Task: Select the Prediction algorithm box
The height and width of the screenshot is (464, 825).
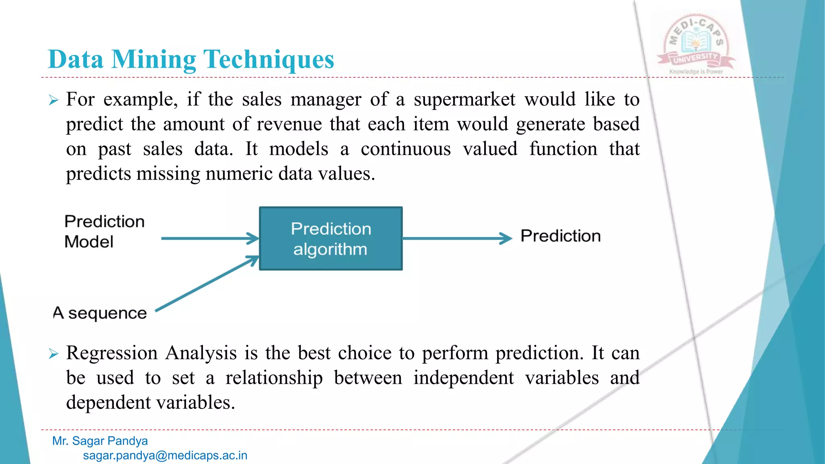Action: click(331, 238)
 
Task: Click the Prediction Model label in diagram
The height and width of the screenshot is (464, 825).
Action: click(104, 232)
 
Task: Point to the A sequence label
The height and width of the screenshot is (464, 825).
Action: click(100, 313)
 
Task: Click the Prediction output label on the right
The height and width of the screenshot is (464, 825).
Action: click(560, 236)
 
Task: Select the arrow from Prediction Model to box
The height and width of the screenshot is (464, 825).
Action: click(209, 238)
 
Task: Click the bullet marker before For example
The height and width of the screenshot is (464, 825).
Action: click(54, 100)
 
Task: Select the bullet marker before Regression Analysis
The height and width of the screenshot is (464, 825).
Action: click(54, 354)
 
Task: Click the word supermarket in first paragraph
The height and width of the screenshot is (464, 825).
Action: click(464, 99)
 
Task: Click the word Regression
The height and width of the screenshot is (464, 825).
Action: click(112, 353)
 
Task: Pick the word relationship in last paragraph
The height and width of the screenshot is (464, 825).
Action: click(274, 378)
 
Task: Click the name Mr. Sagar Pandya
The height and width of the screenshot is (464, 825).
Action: click(100, 441)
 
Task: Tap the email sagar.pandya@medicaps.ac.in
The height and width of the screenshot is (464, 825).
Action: click(165, 456)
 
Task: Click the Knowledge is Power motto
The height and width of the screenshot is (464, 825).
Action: click(696, 72)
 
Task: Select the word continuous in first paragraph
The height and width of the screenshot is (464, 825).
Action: click(406, 149)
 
